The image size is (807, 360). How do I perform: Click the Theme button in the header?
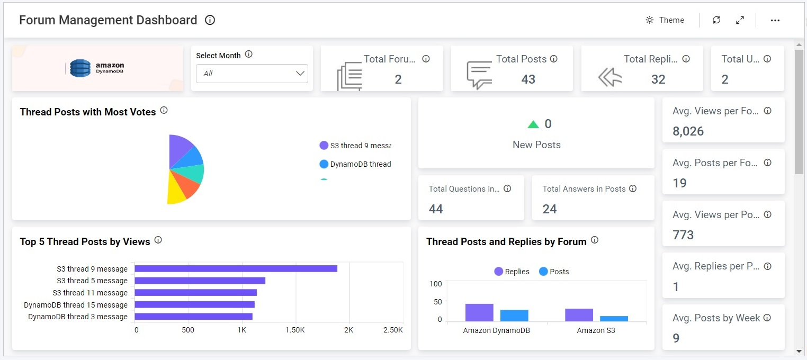pos(665,20)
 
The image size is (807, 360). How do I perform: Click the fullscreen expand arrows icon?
pos(740,20)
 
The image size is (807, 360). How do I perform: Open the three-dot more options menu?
pos(775,20)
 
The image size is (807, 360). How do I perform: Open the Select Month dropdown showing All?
pos(252,74)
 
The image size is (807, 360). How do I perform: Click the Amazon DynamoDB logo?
pos(97,68)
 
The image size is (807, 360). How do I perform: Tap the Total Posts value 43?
pos(528,79)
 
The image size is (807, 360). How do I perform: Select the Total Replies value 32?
pos(658,79)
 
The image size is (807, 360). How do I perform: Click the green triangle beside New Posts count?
pos(533,124)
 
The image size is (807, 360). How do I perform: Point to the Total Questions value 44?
pos(436,209)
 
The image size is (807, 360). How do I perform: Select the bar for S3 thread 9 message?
pos(236,268)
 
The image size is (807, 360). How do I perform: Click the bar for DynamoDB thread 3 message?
pos(193,317)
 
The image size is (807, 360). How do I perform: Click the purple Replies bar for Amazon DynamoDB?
pos(479,312)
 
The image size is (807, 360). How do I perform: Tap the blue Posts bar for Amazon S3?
pos(614,319)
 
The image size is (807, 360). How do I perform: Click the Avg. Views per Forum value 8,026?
pos(688,131)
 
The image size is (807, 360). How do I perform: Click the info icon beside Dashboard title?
pos(210,20)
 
